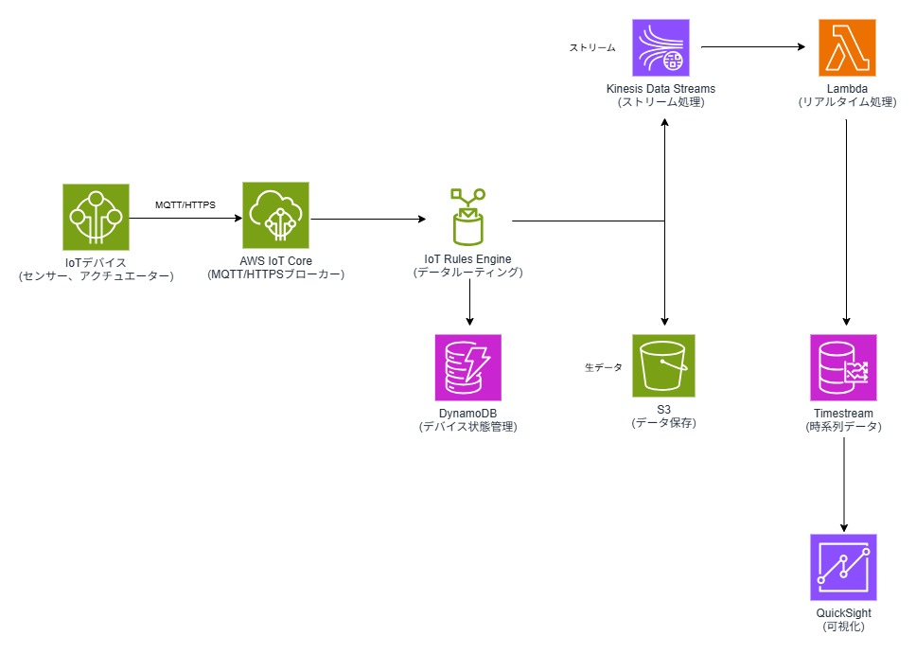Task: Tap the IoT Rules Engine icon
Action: coord(467,218)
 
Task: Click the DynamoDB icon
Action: coord(468,367)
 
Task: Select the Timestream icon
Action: coord(844,367)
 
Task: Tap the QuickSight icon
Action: coord(844,568)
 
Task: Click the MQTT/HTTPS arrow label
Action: coord(185,204)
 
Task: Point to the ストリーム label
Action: coord(592,46)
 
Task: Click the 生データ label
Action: coord(603,367)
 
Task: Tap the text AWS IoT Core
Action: coord(276,261)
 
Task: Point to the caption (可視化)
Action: coord(844,627)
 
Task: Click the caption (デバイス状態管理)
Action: coord(468,427)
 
